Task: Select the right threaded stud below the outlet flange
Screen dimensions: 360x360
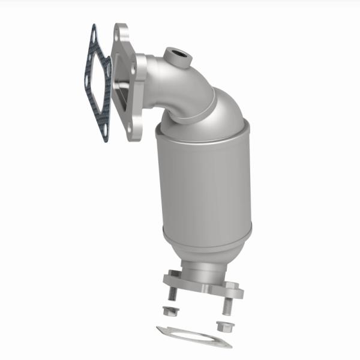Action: tap(226, 306)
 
